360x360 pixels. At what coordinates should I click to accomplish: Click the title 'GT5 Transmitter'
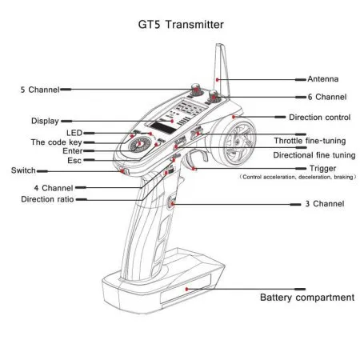click(179, 25)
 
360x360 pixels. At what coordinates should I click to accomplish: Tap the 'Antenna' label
click(323, 79)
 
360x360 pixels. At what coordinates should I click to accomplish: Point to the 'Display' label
click(45, 121)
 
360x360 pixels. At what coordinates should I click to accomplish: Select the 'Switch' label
click(22, 170)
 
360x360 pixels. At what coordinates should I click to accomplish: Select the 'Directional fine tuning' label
click(314, 154)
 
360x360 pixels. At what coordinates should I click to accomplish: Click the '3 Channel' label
click(324, 205)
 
